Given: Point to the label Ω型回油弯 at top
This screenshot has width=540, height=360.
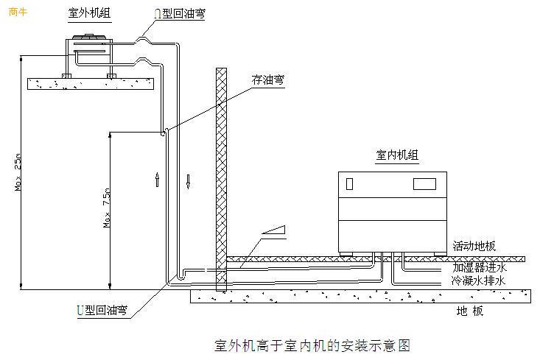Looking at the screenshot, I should click(x=180, y=13).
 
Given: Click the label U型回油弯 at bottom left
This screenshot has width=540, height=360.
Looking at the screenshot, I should click(x=101, y=311).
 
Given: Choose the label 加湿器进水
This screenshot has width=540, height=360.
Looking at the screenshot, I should click(x=480, y=267).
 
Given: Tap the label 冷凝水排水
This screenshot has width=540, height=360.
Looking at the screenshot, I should click(x=479, y=280).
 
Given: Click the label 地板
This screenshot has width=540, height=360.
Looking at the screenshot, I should click(x=470, y=311).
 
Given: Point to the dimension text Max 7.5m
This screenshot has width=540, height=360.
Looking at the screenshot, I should click(x=107, y=211).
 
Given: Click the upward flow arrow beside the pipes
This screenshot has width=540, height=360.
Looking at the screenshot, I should click(x=157, y=180).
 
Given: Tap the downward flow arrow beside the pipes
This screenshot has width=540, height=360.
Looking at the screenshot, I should click(x=188, y=180).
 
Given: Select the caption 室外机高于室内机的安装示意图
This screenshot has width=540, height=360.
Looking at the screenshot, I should click(x=311, y=344).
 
